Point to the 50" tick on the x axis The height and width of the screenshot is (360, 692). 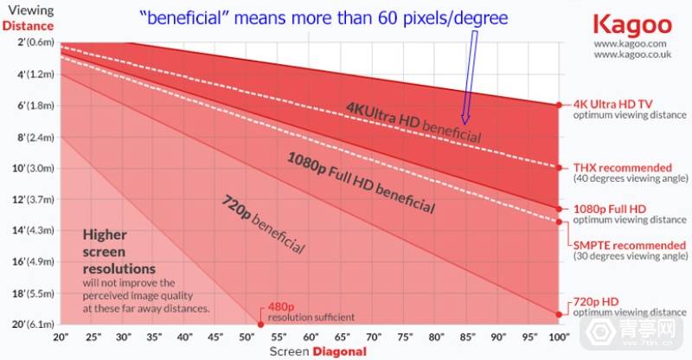tap(248, 336)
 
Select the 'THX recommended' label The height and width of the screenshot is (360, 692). tap(622, 167)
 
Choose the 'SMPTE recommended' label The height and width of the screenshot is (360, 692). tap(627, 246)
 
